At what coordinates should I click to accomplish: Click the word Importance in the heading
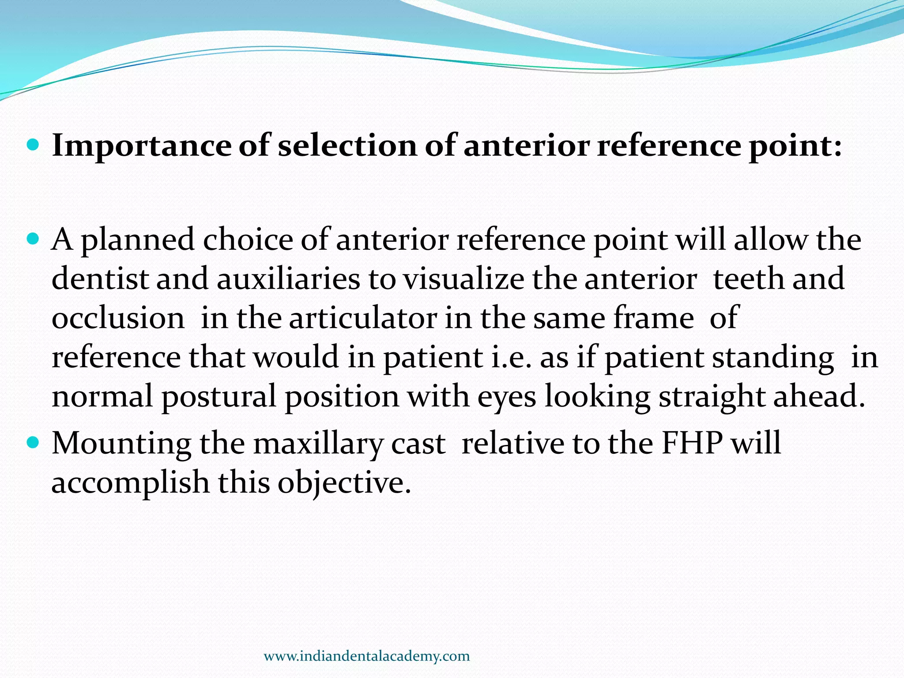click(141, 146)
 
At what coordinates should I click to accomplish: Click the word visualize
click(463, 279)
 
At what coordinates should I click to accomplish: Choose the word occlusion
click(118, 318)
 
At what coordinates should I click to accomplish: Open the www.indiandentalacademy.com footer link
click(366, 656)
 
